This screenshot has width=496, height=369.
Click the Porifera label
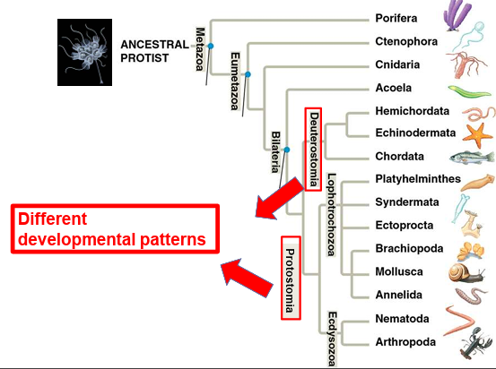click(x=396, y=18)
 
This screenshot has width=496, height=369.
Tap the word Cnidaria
click(x=397, y=64)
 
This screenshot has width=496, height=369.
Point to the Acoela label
click(x=394, y=89)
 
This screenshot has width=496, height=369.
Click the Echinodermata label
click(x=412, y=133)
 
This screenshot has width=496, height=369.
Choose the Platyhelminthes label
click(x=417, y=180)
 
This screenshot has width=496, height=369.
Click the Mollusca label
click(x=399, y=271)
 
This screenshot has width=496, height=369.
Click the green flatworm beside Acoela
click(x=469, y=90)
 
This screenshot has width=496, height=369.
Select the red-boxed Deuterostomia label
click(x=313, y=150)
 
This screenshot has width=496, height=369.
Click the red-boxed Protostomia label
click(x=290, y=279)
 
